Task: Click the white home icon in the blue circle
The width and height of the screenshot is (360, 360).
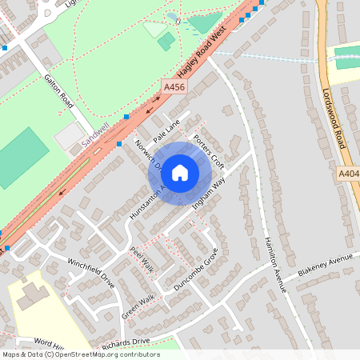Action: (180, 172)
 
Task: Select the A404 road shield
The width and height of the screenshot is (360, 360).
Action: (349, 173)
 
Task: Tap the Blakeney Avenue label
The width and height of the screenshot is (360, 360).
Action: (325, 266)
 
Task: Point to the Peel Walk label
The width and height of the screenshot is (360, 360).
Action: (141, 258)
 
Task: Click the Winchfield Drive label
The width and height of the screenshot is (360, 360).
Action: (91, 272)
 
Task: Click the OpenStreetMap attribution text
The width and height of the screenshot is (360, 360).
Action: (80, 354)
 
